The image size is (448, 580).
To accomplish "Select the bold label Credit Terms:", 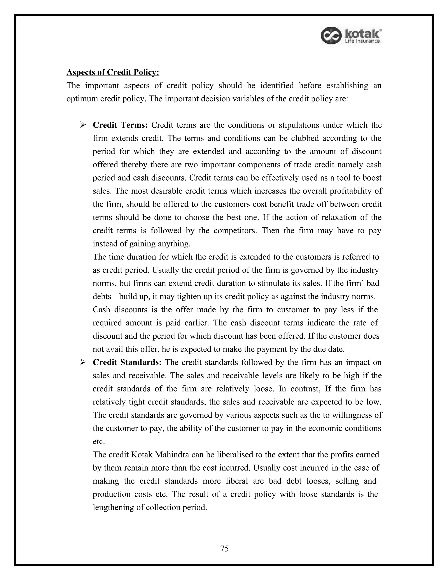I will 120,125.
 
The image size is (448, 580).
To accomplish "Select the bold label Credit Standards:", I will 127,362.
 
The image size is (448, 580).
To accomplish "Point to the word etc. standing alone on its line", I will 99,442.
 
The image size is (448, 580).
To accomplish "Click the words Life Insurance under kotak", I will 362,41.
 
